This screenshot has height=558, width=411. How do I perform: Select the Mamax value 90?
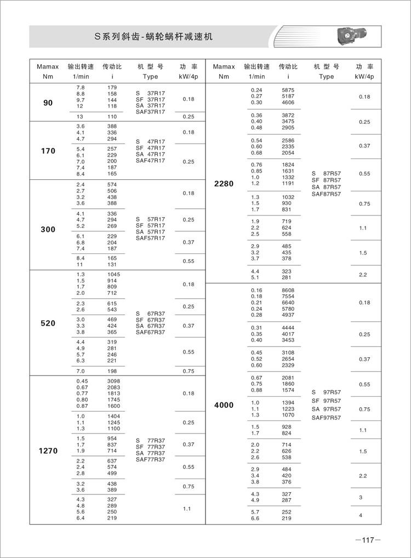click(x=48, y=103)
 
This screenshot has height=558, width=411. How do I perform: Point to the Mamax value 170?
click(x=48, y=151)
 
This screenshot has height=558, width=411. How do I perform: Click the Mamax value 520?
click(x=48, y=323)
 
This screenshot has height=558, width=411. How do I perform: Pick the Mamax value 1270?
click(x=48, y=451)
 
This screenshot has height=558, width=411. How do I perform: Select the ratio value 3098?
click(x=113, y=381)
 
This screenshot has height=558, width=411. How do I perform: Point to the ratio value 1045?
click(x=113, y=274)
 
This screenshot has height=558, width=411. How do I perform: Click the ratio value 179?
click(x=112, y=88)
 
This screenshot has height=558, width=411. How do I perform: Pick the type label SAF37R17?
click(x=150, y=112)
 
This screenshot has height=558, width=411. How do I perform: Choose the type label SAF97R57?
click(x=326, y=418)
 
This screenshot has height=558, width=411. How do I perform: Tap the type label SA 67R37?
click(x=150, y=326)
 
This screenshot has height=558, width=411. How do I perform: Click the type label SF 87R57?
click(x=326, y=180)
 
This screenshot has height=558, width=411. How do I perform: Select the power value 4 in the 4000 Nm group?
click(x=361, y=515)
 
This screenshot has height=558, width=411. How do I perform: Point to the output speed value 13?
click(x=80, y=117)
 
